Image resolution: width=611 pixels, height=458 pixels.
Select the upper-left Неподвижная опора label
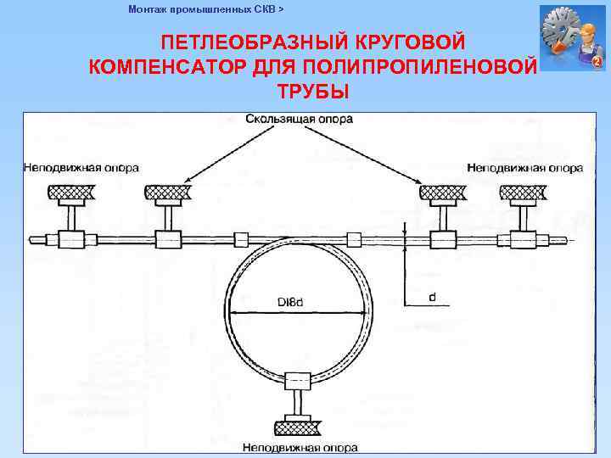pyautogui.click(x=81, y=168)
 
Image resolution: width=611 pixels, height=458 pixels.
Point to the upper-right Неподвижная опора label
pyautogui.click(x=524, y=168)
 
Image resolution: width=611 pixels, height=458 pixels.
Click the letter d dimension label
pyautogui.click(x=432, y=298)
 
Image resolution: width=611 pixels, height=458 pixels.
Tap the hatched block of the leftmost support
pyautogui.click(x=70, y=193)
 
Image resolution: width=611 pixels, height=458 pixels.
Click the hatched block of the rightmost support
pyautogui.click(x=527, y=193)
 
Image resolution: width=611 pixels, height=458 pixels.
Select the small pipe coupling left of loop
pyautogui.click(x=240, y=239)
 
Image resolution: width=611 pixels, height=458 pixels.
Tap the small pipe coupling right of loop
pyautogui.click(x=355, y=239)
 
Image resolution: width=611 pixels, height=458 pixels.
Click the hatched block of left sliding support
pyautogui.click(x=166, y=193)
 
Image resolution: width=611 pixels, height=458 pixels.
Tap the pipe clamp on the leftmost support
pyautogui.click(x=70, y=239)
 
